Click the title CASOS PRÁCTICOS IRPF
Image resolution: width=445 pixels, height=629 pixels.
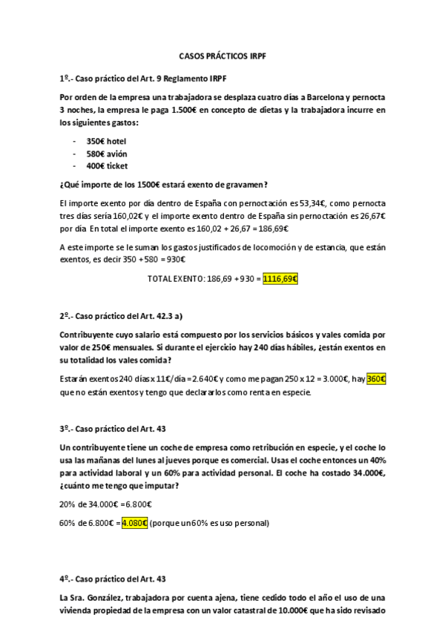(x=222, y=56)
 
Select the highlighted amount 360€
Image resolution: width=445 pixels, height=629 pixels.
(x=377, y=379)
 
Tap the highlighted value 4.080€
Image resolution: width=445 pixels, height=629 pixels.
(x=134, y=523)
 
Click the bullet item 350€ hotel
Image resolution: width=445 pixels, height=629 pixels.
(x=106, y=140)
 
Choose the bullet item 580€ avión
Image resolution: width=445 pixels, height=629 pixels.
(x=106, y=154)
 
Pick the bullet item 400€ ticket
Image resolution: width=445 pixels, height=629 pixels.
(x=107, y=166)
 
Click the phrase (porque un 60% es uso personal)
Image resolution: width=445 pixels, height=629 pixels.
(x=209, y=523)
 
